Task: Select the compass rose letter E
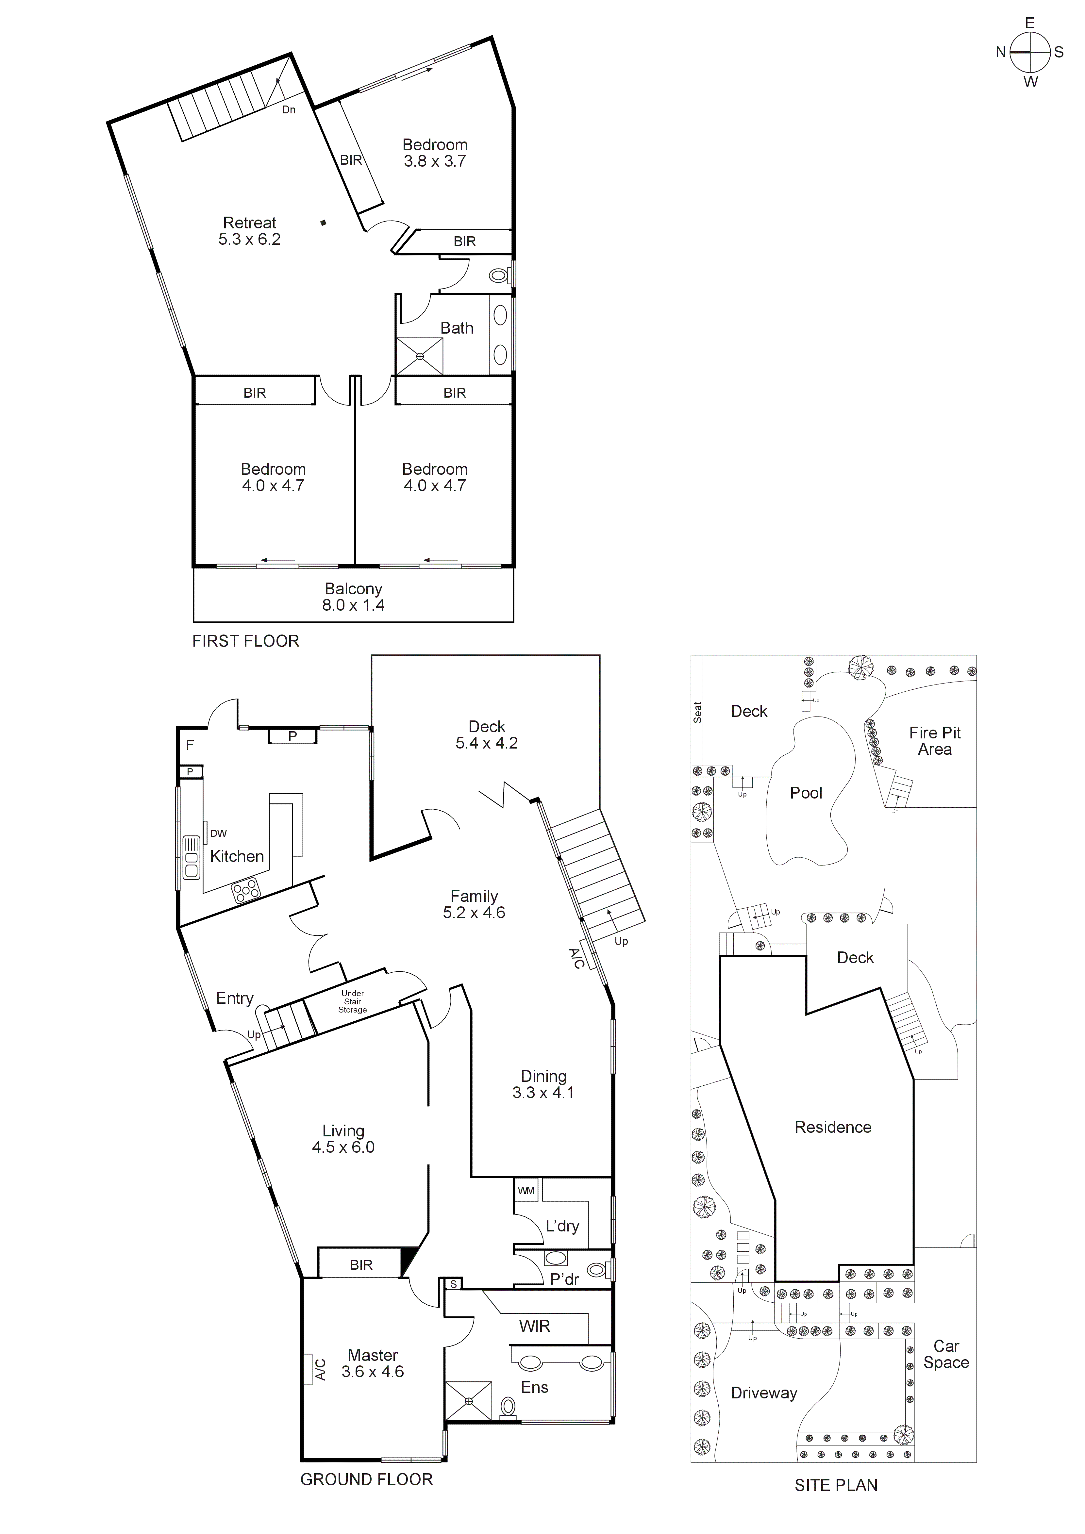tap(1029, 24)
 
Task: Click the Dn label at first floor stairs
tap(289, 109)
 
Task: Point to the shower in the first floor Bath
tap(420, 356)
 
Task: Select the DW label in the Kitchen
tap(218, 833)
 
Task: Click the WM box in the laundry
tap(526, 1190)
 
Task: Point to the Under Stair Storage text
tap(352, 1001)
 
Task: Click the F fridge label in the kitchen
tap(190, 745)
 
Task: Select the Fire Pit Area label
tap(935, 741)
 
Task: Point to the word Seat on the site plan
tap(697, 712)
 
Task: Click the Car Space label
tap(946, 1354)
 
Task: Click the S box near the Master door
tap(453, 1283)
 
